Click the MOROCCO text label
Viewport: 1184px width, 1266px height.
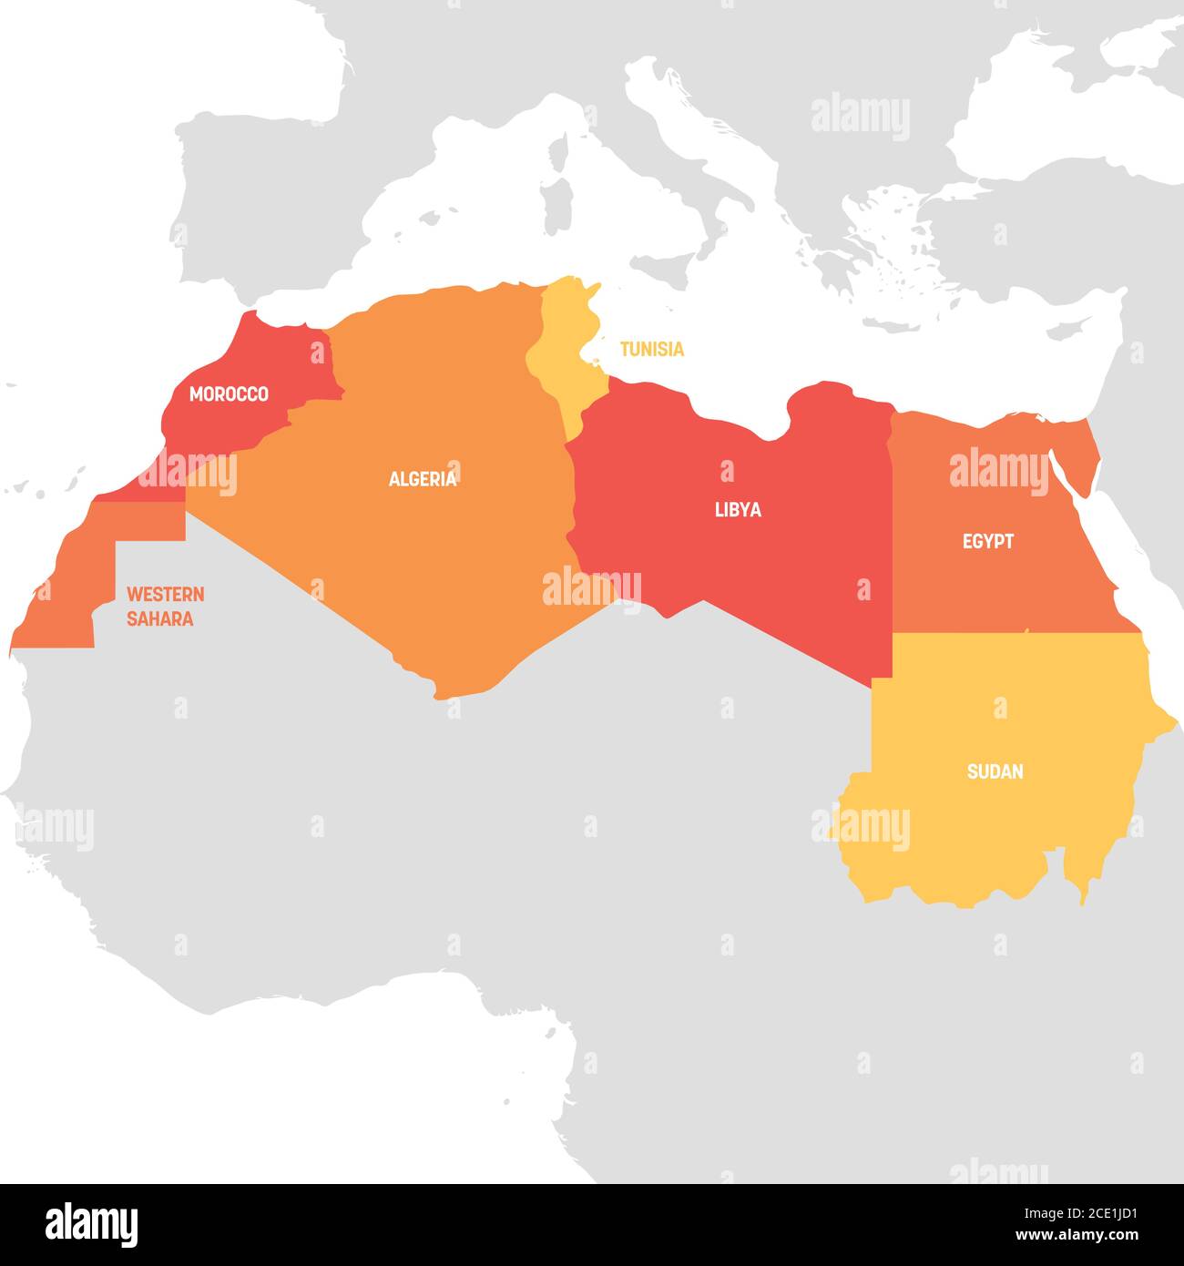coord(229,394)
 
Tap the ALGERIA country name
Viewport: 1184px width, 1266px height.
coord(423,479)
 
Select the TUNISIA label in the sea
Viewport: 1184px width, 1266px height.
coord(651,349)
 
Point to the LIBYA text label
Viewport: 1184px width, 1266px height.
coord(738,510)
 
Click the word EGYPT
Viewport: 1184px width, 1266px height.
coord(987,542)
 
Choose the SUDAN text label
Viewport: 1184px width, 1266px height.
coord(995,772)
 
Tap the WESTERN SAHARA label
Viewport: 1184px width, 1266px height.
coord(165,607)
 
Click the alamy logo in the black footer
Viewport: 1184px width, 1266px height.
coord(92,1223)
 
